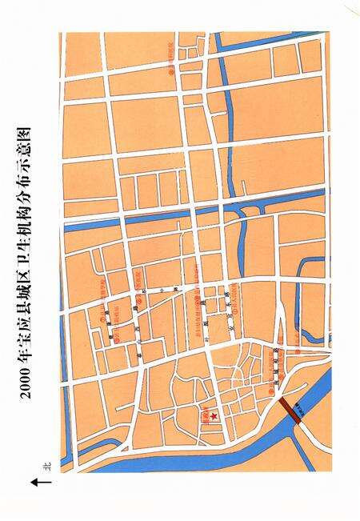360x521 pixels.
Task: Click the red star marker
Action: point(214,416)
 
